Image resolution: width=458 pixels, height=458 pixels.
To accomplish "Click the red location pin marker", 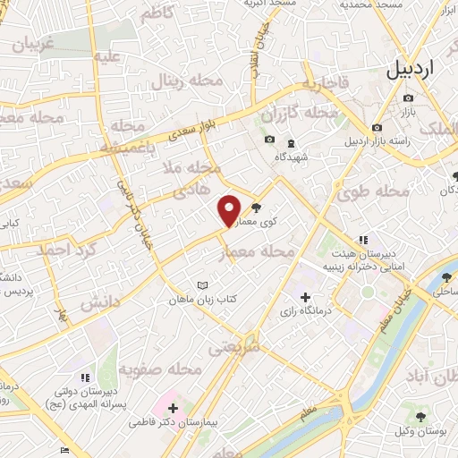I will coord(230,210).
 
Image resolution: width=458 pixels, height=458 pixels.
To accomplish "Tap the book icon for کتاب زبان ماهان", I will coord(202,287).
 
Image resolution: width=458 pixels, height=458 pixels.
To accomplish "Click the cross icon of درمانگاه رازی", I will coord(305,296).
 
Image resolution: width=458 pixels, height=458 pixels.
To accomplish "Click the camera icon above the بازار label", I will coord(409,98).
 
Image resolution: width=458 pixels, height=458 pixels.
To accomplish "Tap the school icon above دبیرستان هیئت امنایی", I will coord(362,240).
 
